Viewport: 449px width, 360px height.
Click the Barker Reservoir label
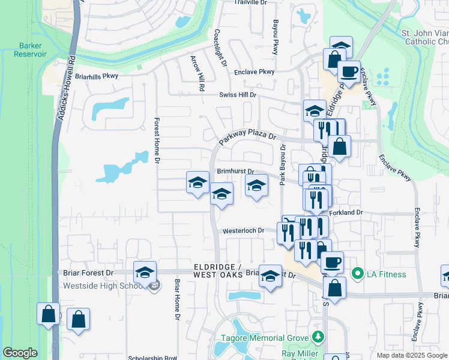(32, 49)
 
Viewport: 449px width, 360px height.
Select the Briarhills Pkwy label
(97, 76)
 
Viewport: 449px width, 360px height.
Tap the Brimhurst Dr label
(235, 172)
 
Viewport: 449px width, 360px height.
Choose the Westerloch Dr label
(243, 230)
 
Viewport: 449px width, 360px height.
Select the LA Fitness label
(387, 275)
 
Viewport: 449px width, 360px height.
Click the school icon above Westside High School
(145, 273)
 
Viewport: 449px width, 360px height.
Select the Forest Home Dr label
(155, 140)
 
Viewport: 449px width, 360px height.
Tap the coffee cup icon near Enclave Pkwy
(348, 73)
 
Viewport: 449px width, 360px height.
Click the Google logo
(20, 353)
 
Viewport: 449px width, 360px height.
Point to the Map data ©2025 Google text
(411, 355)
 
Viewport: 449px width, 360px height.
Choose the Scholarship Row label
(152, 358)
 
